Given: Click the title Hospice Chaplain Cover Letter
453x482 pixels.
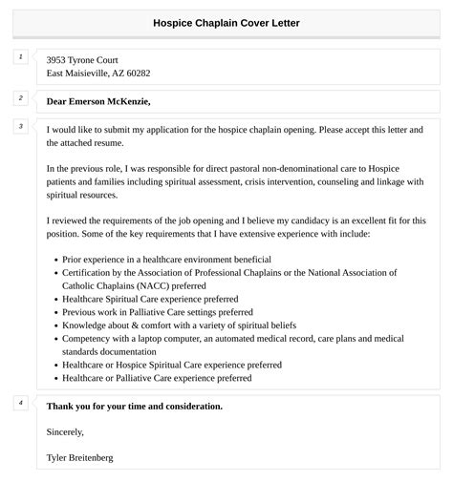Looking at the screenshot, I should pos(226,23).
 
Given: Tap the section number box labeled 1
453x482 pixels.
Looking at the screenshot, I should pos(20,57).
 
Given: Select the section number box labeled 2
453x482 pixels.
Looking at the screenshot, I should pos(20,97).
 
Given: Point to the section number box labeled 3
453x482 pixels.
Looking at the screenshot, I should pos(20,126).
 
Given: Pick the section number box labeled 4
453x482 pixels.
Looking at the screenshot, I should pos(20,403).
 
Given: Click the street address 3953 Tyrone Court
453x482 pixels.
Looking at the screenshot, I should pos(82,59).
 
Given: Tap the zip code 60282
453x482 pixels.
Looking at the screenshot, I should pos(137,73).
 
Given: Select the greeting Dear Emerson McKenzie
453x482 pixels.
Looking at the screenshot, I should pos(98,101).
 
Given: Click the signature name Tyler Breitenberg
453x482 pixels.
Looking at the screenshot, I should pos(79,458).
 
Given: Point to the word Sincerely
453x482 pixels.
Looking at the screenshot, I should pos(66,431).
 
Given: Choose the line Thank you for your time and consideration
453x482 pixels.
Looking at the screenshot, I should pos(134,406).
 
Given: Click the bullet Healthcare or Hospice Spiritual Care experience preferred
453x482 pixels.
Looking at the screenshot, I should pos(172,365).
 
